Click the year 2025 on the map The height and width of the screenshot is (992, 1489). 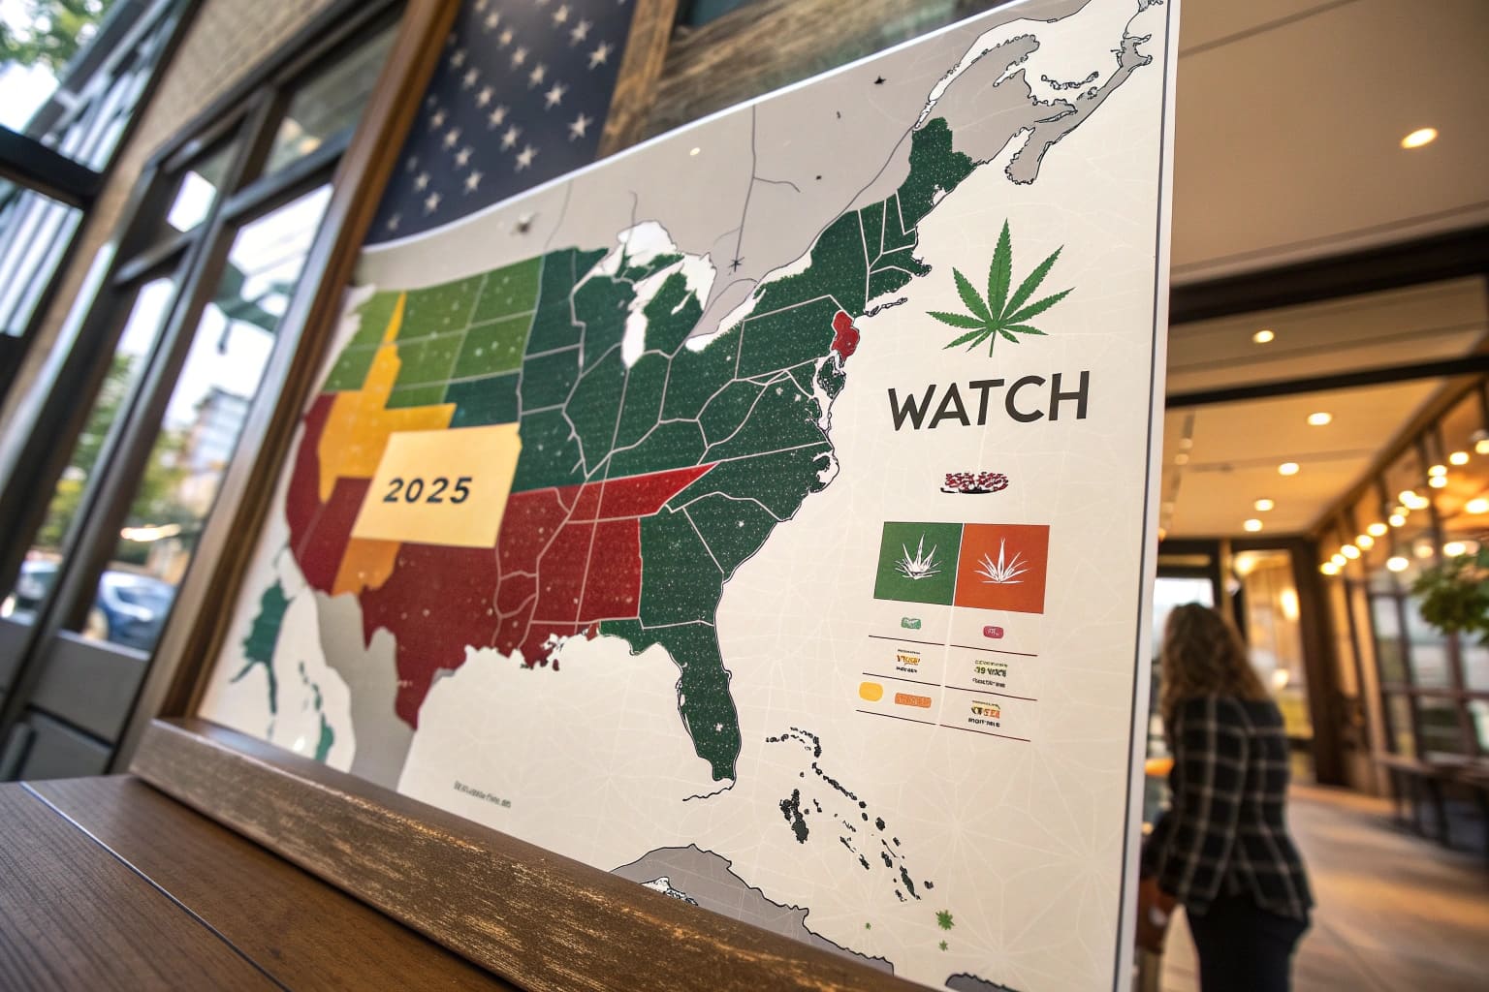tap(426, 490)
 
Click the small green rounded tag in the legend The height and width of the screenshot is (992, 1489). tap(910, 623)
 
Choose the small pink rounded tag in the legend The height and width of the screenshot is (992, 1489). tap(992, 633)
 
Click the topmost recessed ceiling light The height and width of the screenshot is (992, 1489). tap(1418, 138)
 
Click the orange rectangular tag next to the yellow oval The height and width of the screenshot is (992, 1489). tap(914, 698)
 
